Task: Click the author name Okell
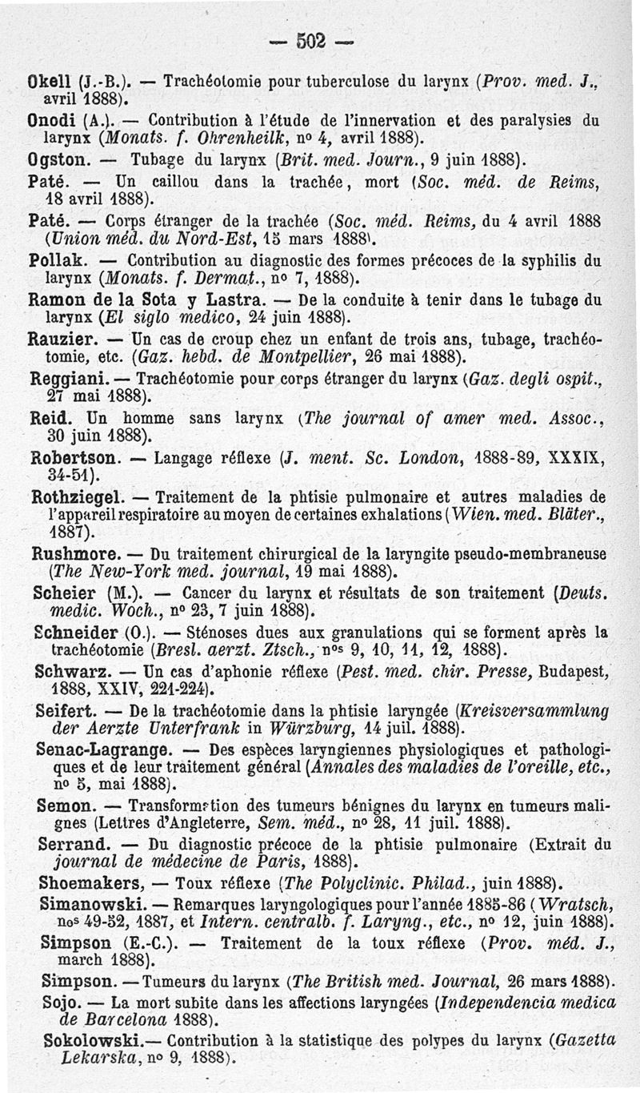(x=50, y=81)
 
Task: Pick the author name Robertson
(x=76, y=459)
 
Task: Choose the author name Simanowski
(x=90, y=903)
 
